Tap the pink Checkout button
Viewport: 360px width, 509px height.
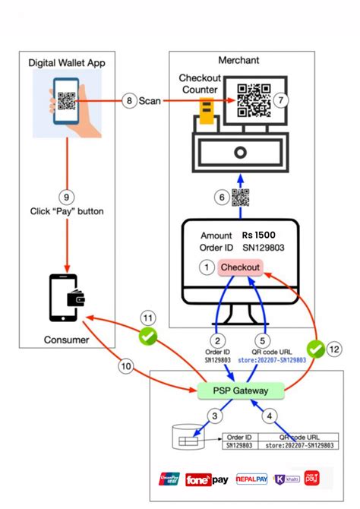tap(241, 267)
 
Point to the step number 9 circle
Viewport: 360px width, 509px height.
tap(66, 198)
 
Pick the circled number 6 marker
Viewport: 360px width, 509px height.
tap(222, 198)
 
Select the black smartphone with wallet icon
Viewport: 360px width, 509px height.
tap(66, 298)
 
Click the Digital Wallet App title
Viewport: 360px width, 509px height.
tap(67, 62)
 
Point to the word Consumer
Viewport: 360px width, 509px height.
tap(66, 339)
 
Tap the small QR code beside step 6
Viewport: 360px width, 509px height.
tap(241, 198)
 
